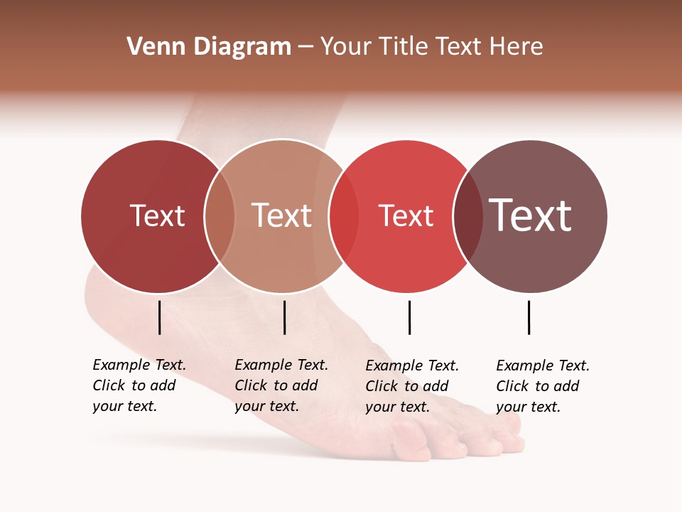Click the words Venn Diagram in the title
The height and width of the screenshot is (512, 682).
(x=209, y=47)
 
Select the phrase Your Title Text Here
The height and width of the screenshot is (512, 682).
(x=431, y=47)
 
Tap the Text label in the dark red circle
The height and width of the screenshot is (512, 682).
(x=157, y=215)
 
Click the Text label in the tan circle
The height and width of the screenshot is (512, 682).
(x=282, y=215)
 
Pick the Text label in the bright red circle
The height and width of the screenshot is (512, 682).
(x=406, y=215)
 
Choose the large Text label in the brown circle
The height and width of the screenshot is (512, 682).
(x=531, y=215)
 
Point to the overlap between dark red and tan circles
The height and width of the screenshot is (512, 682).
(x=220, y=215)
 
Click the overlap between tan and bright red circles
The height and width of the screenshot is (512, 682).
(x=344, y=215)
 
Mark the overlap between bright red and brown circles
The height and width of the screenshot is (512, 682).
(x=468, y=215)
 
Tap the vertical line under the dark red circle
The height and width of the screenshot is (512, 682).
(x=160, y=317)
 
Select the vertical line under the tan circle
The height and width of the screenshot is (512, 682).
(x=284, y=317)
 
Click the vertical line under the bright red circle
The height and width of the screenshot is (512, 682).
(x=409, y=317)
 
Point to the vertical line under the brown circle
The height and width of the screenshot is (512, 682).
(x=529, y=317)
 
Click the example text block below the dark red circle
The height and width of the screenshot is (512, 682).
(x=139, y=385)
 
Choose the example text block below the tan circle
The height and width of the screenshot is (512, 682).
(x=281, y=385)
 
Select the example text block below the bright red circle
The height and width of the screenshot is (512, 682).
(x=412, y=386)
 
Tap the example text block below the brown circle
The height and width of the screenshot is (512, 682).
(x=543, y=386)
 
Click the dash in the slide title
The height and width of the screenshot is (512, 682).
(x=305, y=48)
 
